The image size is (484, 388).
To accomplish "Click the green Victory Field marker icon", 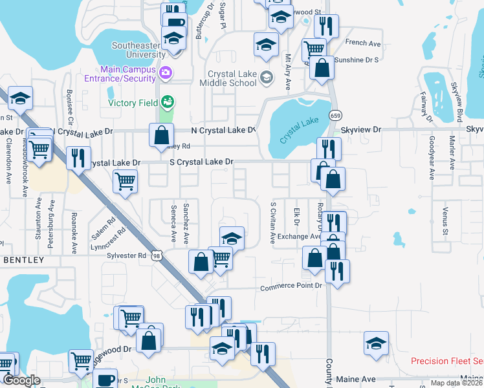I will click(168, 102).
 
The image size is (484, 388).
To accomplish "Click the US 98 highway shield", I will click(158, 256).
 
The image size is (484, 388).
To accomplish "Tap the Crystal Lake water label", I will click(301, 130).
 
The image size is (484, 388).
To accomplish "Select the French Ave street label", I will click(364, 43).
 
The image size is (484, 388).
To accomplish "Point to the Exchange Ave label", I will click(300, 237).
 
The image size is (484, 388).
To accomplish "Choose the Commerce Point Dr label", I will click(291, 286).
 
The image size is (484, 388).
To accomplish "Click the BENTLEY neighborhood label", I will click(24, 260).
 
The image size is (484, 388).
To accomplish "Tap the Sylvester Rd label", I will click(127, 255).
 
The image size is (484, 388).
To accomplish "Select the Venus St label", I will click(445, 221).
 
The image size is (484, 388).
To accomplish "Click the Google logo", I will click(22, 380).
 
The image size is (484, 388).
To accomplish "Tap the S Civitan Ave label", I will click(272, 222).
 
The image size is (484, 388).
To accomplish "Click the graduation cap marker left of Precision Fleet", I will click(376, 343).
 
